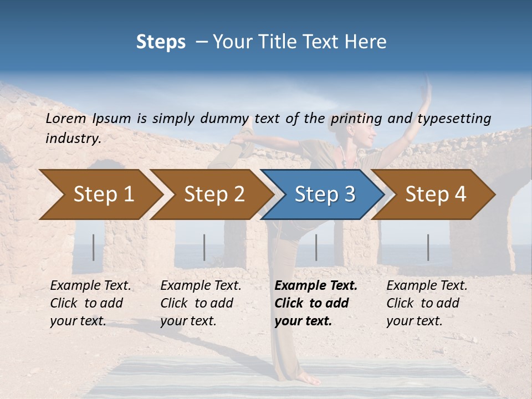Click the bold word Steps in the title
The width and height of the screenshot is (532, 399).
pyautogui.click(x=161, y=42)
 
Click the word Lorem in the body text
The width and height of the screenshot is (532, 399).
pyautogui.click(x=66, y=118)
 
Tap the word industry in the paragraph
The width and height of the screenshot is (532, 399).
pyautogui.click(x=73, y=139)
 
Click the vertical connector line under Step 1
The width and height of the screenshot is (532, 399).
pyautogui.click(x=94, y=247)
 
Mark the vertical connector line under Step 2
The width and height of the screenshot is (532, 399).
pyautogui.click(x=204, y=247)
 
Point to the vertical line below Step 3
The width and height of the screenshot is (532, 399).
pyautogui.click(x=316, y=247)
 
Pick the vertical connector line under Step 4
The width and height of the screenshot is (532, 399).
pyautogui.click(x=428, y=247)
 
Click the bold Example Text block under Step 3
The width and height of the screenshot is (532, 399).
pyautogui.click(x=316, y=303)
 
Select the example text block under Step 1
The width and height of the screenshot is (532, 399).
pyautogui.click(x=90, y=303)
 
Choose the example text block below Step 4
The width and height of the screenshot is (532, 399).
pyautogui.click(x=427, y=303)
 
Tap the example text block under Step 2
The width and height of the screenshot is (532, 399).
pyautogui.click(x=201, y=303)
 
